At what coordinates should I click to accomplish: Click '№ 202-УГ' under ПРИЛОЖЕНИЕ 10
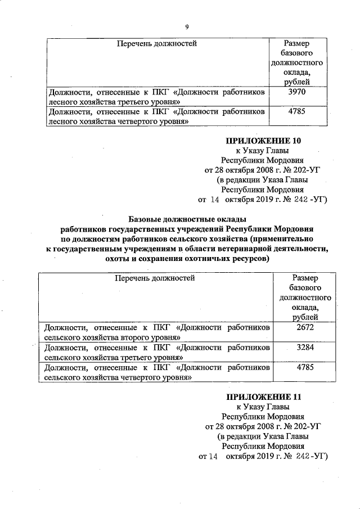point(302,170)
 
